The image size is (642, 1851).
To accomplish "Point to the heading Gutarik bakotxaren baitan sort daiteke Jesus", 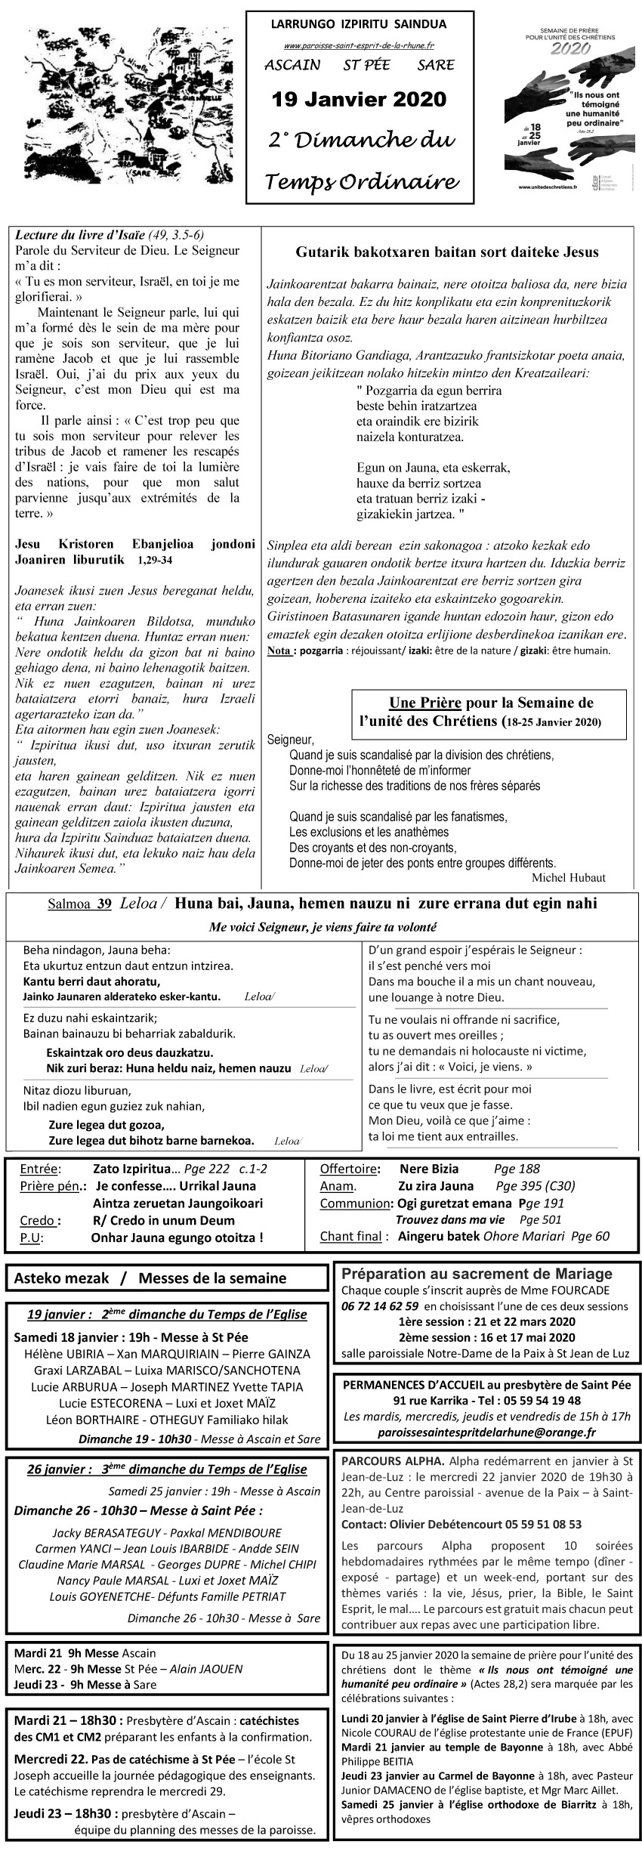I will (447, 252).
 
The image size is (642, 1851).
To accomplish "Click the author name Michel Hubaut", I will (568, 877).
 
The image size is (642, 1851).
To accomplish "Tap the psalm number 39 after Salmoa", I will (104, 904).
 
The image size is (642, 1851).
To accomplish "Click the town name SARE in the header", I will (436, 65).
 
